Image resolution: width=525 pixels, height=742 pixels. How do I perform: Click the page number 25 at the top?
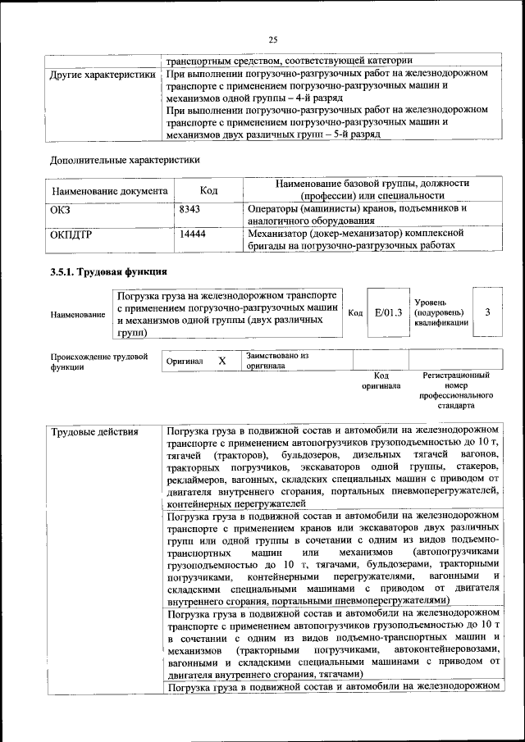273,38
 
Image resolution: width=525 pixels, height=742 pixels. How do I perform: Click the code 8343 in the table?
189,210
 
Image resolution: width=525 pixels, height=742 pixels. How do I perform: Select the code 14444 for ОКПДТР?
192,234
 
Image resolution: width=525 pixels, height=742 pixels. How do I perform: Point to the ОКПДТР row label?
72,234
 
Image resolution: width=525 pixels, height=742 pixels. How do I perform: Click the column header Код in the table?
208,190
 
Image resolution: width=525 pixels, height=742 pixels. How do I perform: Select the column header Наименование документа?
110,191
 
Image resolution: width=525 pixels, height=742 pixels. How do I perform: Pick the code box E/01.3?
388,312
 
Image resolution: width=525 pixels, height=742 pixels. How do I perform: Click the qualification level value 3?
488,312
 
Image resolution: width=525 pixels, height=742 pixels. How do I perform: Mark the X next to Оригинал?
221,361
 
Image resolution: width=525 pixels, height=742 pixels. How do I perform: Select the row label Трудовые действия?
94,431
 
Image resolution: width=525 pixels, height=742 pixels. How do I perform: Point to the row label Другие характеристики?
103,75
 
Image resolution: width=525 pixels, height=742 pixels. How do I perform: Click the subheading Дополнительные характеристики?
125,159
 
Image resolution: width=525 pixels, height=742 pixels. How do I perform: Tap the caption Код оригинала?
381,380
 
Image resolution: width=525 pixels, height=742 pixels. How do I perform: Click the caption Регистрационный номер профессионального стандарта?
456,389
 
